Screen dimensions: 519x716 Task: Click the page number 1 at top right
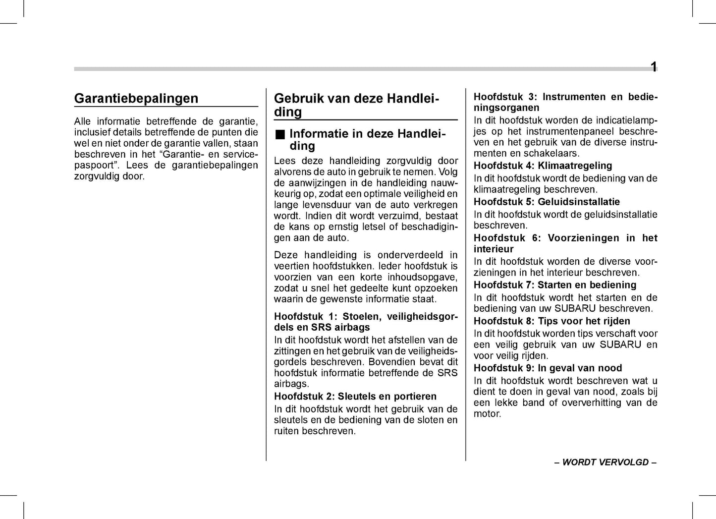[x=654, y=67]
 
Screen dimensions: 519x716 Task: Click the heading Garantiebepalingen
[x=136, y=99]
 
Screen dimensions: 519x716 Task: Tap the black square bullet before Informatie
[x=280, y=134]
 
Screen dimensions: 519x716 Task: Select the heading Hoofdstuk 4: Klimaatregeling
[x=543, y=166]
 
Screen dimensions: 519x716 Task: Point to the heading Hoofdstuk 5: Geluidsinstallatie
[x=547, y=202]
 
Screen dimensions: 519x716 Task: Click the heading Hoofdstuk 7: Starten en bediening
[x=555, y=285]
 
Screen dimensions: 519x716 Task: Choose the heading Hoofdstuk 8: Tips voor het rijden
[x=551, y=321]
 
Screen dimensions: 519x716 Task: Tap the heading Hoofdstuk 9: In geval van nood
[x=548, y=368]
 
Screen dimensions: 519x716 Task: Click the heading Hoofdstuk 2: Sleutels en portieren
[x=355, y=397]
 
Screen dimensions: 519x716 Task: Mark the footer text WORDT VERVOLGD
[x=605, y=462]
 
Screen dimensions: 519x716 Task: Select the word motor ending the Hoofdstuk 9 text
[x=487, y=414]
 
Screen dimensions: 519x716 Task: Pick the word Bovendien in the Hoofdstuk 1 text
[x=391, y=362]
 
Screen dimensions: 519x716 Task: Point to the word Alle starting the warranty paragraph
[x=82, y=121]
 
